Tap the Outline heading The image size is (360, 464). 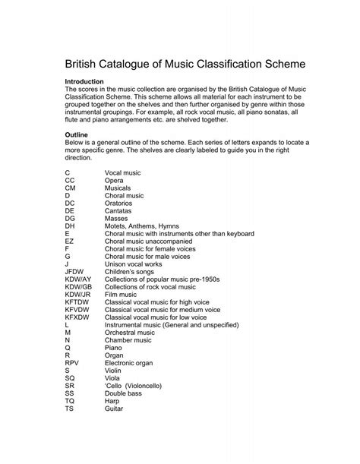[79, 134]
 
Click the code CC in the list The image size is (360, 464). [70, 181]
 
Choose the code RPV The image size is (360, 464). [72, 363]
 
